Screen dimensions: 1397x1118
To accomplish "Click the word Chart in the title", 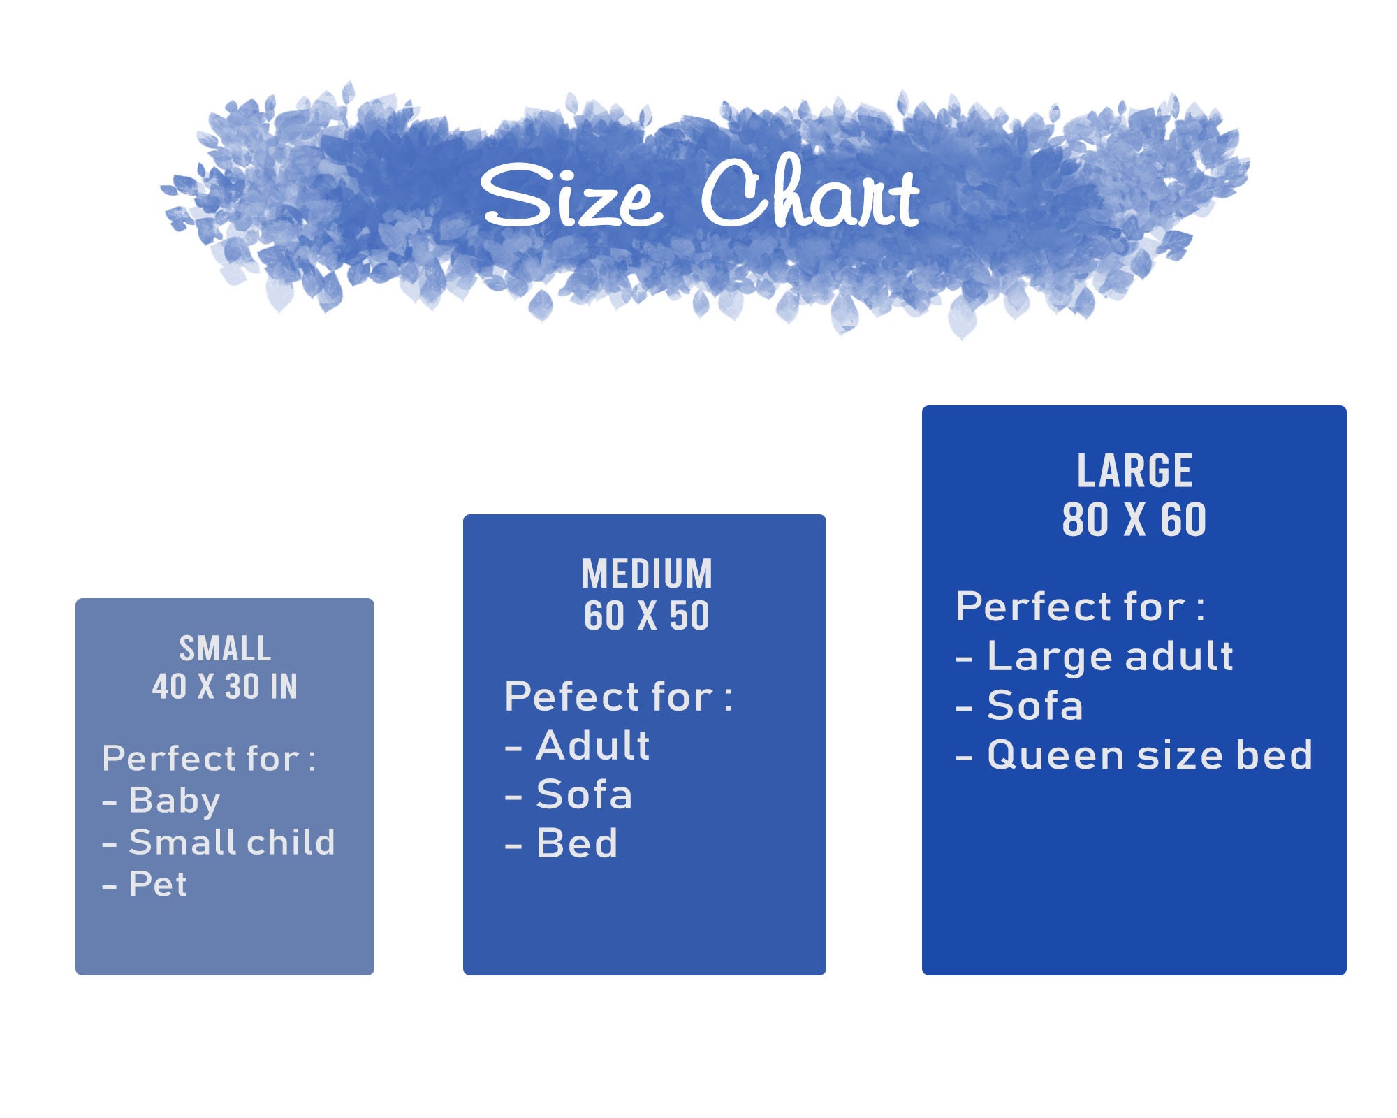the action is point(810,191).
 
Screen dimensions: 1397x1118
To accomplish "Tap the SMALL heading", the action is point(225,648).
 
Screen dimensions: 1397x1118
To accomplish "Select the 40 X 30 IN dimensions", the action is point(225,686).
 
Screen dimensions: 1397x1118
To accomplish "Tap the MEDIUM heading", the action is point(647,574).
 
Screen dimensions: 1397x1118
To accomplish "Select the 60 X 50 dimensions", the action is point(647,616).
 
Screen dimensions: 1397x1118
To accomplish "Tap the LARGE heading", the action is point(1134,471).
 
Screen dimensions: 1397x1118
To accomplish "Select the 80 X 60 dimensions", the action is point(1134,519).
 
